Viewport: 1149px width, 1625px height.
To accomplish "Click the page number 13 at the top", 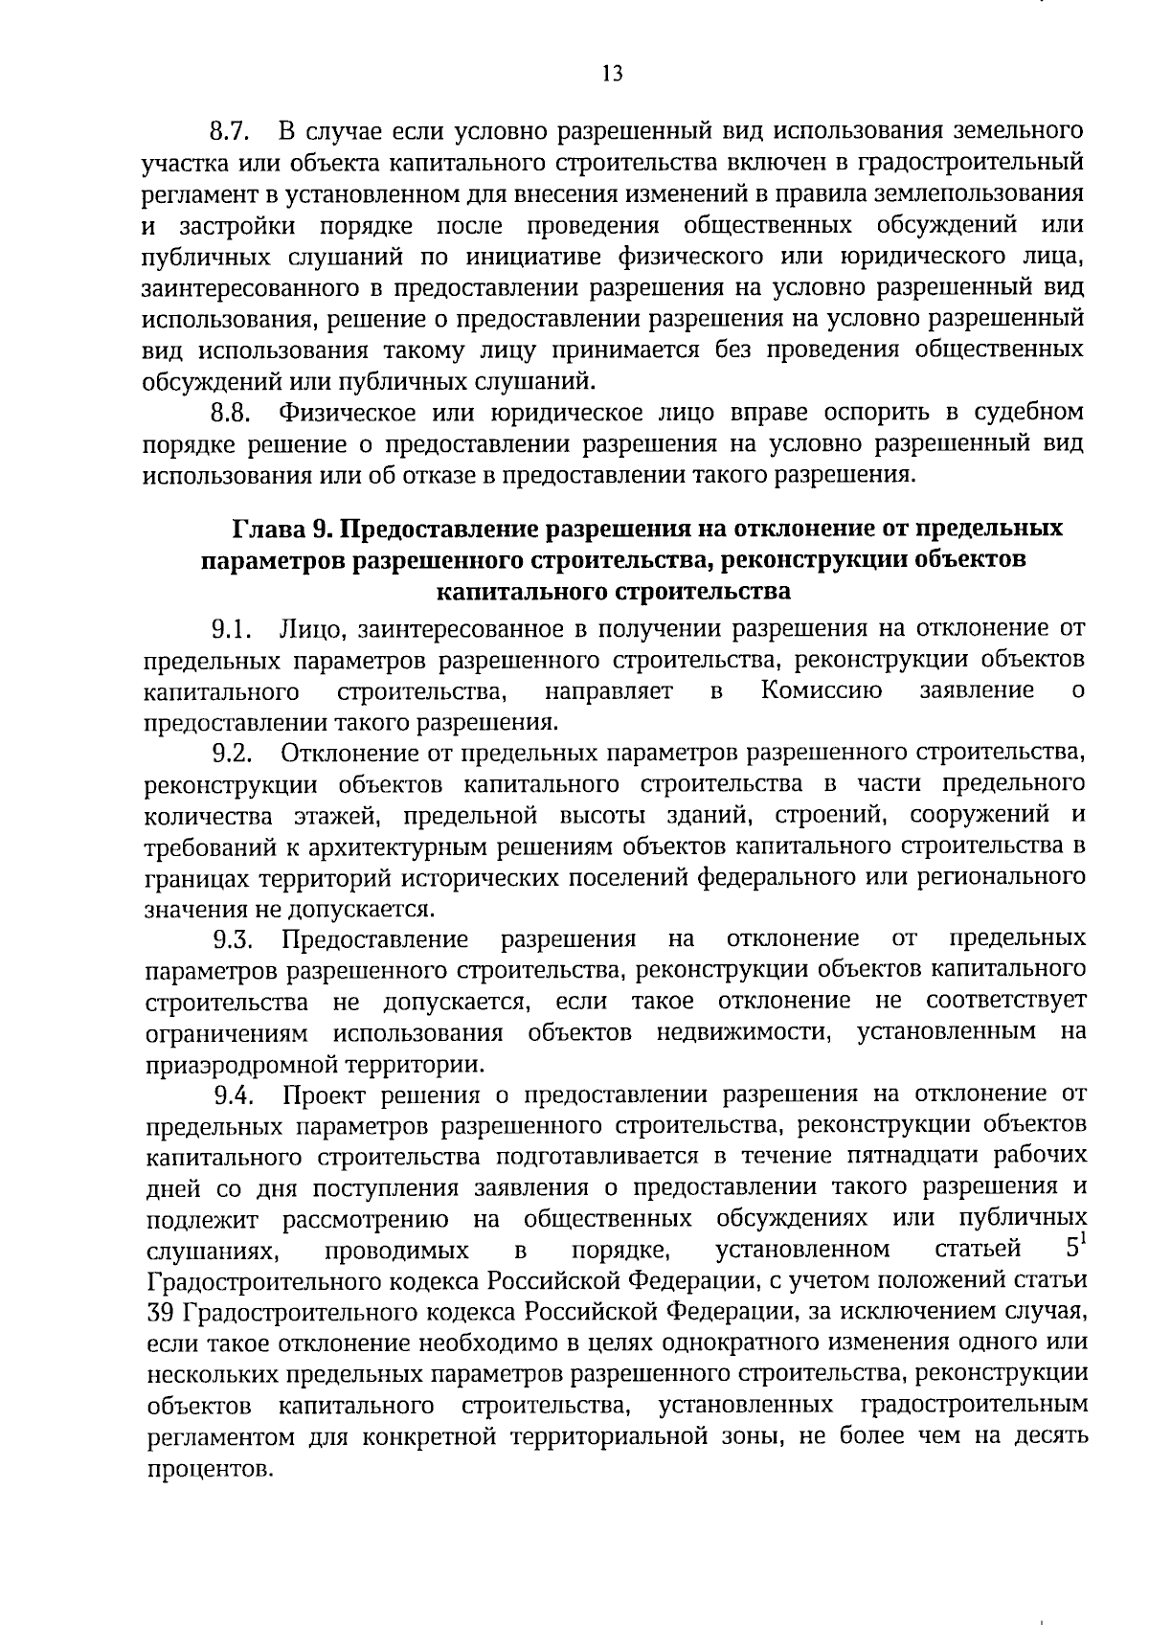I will coord(612,74).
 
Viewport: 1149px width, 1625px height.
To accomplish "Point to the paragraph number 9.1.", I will coord(230,630).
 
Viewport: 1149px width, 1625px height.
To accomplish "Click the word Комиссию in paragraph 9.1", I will coord(822,691).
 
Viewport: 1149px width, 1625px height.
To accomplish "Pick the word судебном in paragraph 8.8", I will coord(1028,414).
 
